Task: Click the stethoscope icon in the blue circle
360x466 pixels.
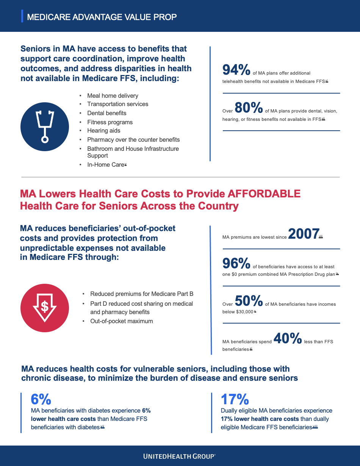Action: point(45,127)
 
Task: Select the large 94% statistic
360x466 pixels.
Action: point(236,70)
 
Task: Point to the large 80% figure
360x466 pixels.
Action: point(249,108)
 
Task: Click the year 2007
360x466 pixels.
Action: point(303,234)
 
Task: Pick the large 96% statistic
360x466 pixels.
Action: point(236,263)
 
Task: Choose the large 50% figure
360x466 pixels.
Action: point(249,301)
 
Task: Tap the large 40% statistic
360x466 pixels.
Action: point(287,338)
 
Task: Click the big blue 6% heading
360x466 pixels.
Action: point(41,399)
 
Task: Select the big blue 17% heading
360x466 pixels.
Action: point(235,399)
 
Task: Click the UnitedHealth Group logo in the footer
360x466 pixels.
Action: point(180,456)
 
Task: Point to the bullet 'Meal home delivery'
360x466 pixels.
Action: point(113,96)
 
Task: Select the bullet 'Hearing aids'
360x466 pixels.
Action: point(103,131)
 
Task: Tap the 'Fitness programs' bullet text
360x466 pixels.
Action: point(110,122)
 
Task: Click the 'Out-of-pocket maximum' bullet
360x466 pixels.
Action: point(121,321)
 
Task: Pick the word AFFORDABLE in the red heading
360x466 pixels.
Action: point(264,194)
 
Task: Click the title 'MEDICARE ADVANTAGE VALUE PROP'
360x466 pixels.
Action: point(102,17)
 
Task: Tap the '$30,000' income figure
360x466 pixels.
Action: point(238,312)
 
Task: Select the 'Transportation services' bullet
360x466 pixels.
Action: point(117,104)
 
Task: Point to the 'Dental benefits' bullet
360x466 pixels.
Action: point(106,113)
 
